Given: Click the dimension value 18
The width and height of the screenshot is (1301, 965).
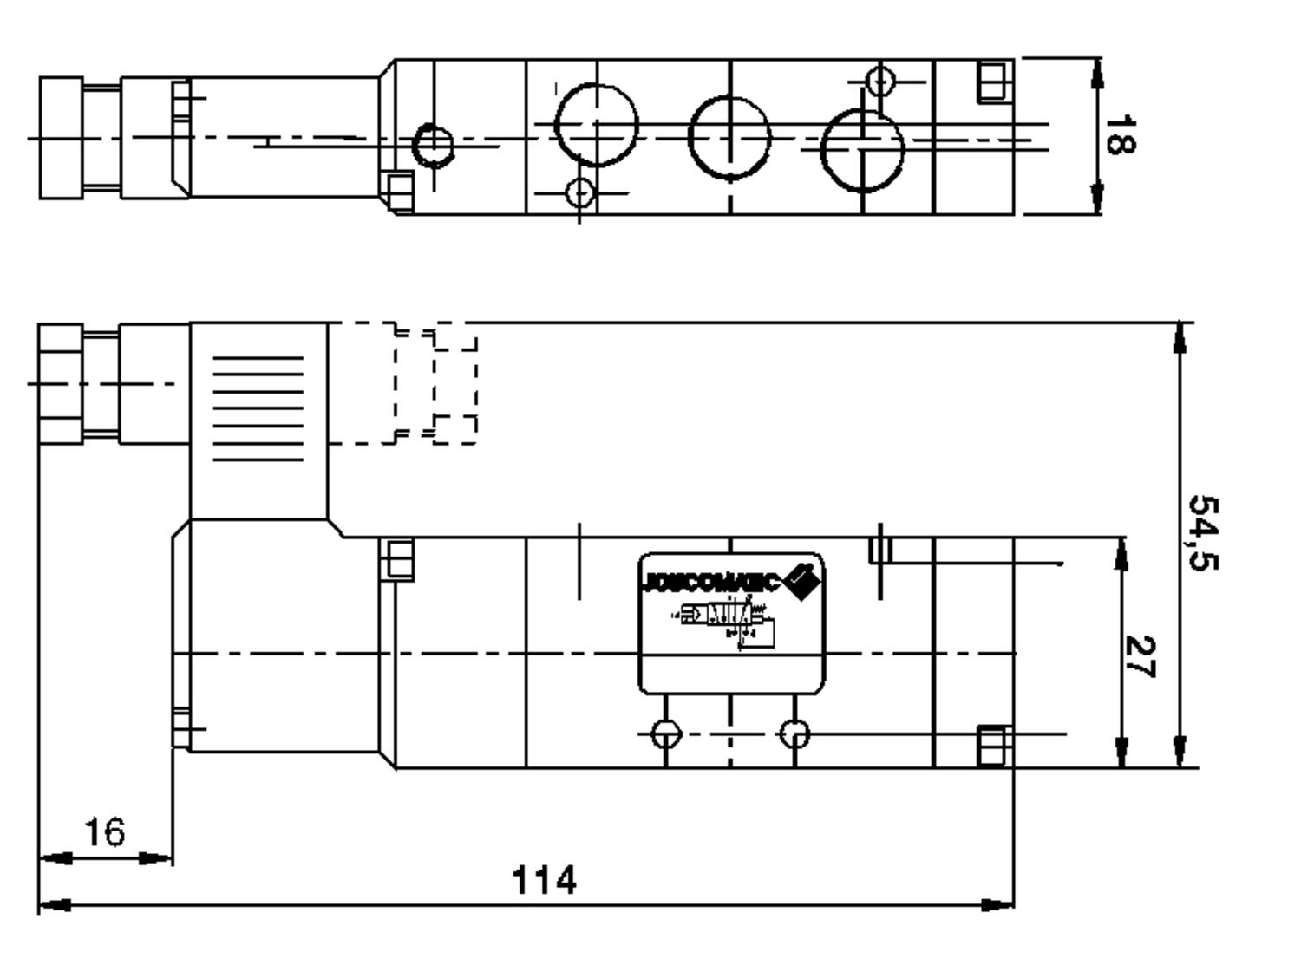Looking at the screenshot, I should coord(1119,134).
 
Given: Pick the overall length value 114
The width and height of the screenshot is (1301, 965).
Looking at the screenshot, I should coord(544,880).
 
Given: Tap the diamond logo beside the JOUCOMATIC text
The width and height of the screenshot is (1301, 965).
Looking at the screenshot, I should coord(802,580).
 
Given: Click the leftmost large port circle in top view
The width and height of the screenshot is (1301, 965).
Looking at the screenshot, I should coord(597,125).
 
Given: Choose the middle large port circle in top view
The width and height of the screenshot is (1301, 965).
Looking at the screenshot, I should coord(729,136).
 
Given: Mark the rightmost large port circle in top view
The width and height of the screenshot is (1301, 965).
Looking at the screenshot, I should coord(862,149).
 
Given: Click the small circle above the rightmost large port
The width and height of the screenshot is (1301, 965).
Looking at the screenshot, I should coord(880,82).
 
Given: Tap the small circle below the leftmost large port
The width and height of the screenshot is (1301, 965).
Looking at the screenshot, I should coord(580,192).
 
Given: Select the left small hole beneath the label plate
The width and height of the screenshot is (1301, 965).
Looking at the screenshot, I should coord(665,734).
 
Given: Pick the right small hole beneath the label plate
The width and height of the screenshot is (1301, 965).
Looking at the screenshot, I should coord(794,734).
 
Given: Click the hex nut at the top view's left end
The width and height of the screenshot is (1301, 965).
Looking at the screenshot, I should coord(62,138).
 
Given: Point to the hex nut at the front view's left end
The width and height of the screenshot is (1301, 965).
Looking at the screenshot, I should coord(61,383).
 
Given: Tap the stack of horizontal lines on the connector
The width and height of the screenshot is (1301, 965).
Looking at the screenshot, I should coord(258,408).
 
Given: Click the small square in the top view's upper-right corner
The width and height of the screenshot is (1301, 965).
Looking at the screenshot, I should coord(996,82).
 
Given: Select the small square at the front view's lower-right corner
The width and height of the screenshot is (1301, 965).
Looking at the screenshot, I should coord(995,747).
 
